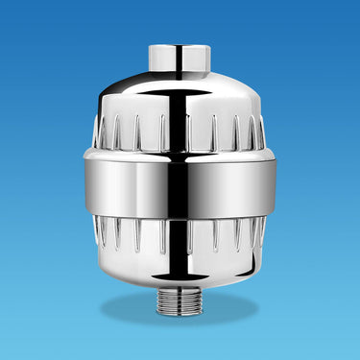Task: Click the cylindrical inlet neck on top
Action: coord(180,59)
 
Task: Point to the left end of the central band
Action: coord(88,182)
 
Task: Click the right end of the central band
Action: coord(270,182)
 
